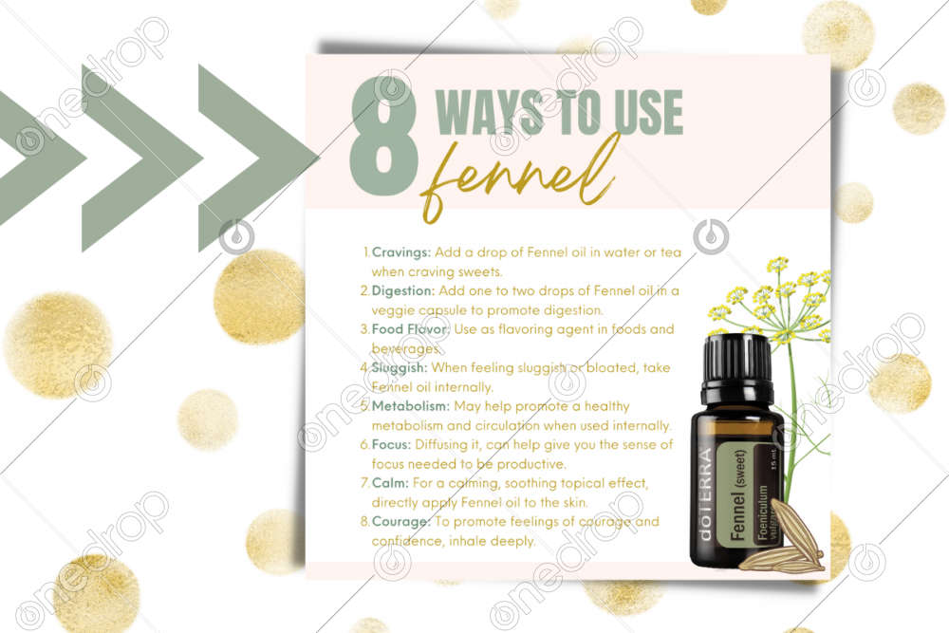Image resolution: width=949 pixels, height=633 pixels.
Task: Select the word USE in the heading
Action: [x=648, y=112]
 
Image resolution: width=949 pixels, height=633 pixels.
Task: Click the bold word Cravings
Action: [x=400, y=252]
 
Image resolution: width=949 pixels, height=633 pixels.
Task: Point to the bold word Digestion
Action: [x=402, y=291]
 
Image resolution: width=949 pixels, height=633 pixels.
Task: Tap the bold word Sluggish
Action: [x=400, y=368]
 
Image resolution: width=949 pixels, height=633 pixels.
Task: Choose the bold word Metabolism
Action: [x=410, y=406]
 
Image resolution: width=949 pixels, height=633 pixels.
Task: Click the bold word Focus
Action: [x=391, y=445]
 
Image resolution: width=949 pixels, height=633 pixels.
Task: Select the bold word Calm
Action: [x=390, y=483]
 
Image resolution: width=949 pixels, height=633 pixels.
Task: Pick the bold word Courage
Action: [x=400, y=522]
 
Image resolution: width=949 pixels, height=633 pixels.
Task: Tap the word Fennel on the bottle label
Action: [x=737, y=515]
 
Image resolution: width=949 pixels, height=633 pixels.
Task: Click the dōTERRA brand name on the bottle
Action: [x=705, y=493]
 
